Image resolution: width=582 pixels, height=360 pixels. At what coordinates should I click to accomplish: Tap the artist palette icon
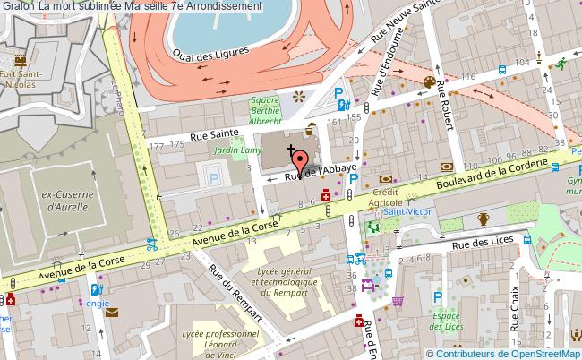point(429,82)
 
